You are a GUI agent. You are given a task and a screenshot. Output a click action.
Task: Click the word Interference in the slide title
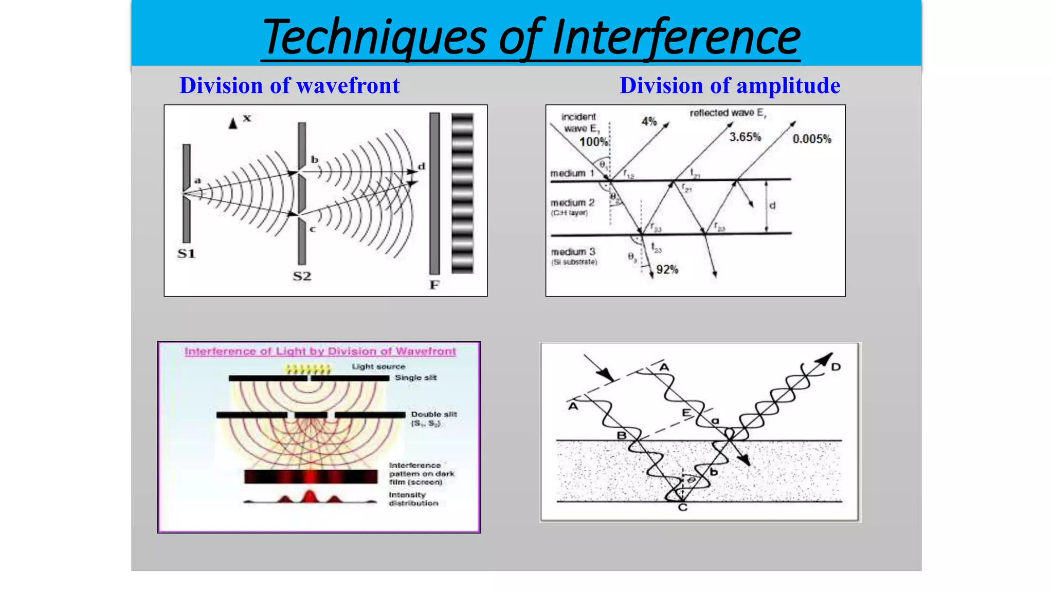[676, 37]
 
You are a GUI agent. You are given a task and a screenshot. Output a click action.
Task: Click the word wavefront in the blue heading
[348, 86]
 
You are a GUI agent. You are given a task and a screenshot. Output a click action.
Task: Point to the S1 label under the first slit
[186, 253]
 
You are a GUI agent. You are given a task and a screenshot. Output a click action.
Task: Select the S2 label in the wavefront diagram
[302, 276]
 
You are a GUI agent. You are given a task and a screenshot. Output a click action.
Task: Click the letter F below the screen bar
[434, 285]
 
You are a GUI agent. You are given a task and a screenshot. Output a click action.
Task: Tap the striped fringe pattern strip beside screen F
[462, 193]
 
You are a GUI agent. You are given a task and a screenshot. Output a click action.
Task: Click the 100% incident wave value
[594, 142]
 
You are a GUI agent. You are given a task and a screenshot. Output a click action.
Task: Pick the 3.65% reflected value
[745, 137]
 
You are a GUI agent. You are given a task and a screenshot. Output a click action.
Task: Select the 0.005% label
[811, 139]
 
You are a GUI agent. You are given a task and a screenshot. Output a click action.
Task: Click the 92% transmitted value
[667, 270]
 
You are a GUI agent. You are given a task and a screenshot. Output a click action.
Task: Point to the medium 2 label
[572, 203]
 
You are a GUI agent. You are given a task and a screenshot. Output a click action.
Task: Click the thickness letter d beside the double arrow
[772, 206]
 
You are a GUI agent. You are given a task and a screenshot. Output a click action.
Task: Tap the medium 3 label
[573, 252]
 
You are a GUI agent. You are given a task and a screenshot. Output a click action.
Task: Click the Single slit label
[415, 378]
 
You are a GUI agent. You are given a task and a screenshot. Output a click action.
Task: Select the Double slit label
[433, 414]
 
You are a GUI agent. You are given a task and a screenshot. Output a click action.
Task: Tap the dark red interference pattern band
[311, 476]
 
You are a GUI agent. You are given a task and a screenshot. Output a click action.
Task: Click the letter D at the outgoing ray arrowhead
[836, 367]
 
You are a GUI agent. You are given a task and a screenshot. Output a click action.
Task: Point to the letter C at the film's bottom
[682, 508]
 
